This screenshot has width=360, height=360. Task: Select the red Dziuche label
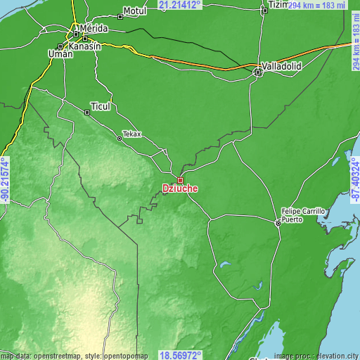179,188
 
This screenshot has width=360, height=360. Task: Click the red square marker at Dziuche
180,180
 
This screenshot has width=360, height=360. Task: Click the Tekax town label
131,134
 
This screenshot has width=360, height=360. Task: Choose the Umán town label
60,53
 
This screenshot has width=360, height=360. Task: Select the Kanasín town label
85,46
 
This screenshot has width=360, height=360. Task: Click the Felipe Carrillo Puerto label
303,214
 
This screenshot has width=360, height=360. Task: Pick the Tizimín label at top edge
278,4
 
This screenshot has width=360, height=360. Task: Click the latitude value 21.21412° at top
180,5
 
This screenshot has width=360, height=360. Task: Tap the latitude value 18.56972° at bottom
180,355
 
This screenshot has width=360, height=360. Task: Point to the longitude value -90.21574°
5,180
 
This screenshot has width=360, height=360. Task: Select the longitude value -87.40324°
355,180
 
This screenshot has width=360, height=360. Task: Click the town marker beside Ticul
87,111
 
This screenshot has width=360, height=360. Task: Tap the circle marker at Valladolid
258,70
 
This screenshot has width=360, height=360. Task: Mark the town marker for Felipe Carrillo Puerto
278,223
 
